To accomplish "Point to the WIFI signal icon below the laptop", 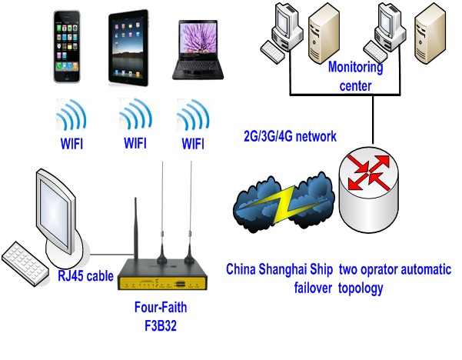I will click(192, 117).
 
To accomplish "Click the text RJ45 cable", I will click(86, 275).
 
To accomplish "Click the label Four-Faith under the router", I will click(160, 308).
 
